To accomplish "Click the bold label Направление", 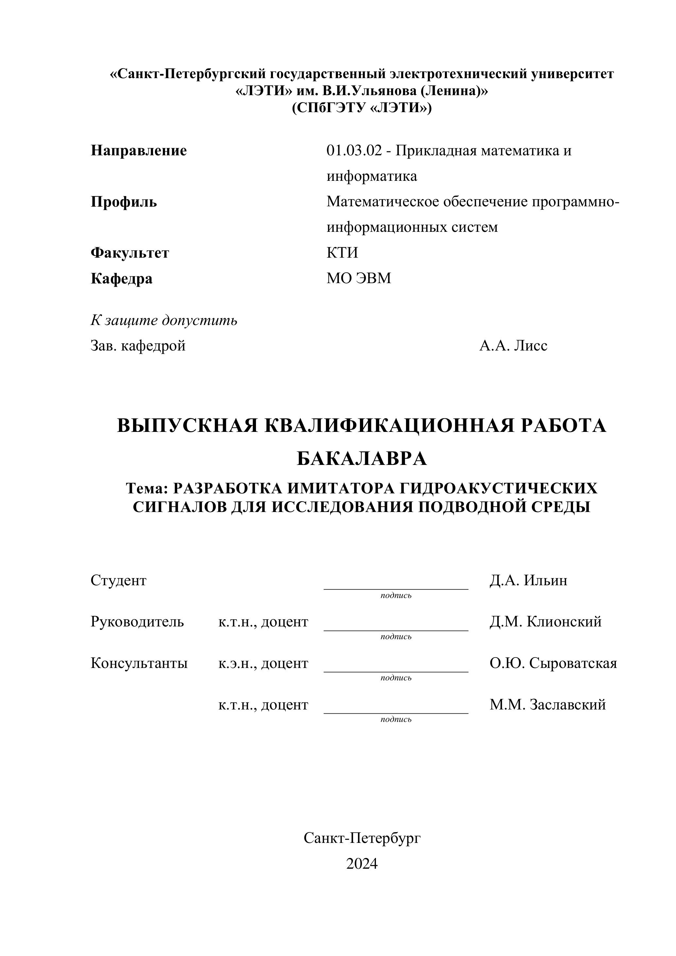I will (139, 150).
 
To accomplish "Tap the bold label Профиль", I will (124, 202).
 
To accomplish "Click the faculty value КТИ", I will (342, 253).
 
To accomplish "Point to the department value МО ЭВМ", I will (359, 278).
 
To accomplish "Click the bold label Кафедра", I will (122, 279).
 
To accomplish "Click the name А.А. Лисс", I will (513, 346).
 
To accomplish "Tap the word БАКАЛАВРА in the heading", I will (362, 459).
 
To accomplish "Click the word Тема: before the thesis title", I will (146, 488).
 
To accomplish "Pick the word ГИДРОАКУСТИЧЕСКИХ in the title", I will (498, 488).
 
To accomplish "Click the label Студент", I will (119, 580).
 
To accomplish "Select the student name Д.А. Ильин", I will (528, 580).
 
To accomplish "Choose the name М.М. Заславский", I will (548, 705).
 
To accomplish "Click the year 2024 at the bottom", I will (362, 864).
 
